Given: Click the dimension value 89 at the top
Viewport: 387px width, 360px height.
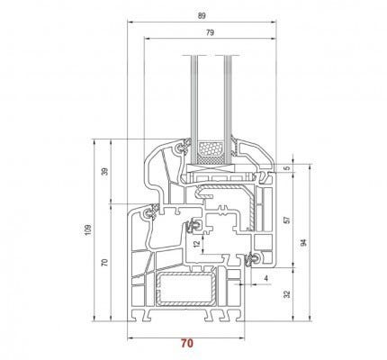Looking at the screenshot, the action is point(202,16).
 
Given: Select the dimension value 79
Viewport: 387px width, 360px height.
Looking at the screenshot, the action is point(210,32).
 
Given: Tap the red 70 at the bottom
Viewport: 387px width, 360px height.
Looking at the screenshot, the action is point(187,343).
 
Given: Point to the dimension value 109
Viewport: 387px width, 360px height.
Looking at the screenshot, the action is point(87,229).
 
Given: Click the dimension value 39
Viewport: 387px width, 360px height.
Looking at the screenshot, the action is point(104,172).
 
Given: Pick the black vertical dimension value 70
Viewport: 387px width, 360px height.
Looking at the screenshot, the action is point(104,263).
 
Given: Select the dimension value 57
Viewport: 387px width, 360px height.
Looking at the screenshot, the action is point(287,220).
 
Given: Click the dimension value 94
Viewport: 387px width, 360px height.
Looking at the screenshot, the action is point(304,242).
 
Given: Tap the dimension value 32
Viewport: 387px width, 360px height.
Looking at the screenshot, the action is point(287,294).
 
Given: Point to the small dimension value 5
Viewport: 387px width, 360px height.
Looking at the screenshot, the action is point(287,168).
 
